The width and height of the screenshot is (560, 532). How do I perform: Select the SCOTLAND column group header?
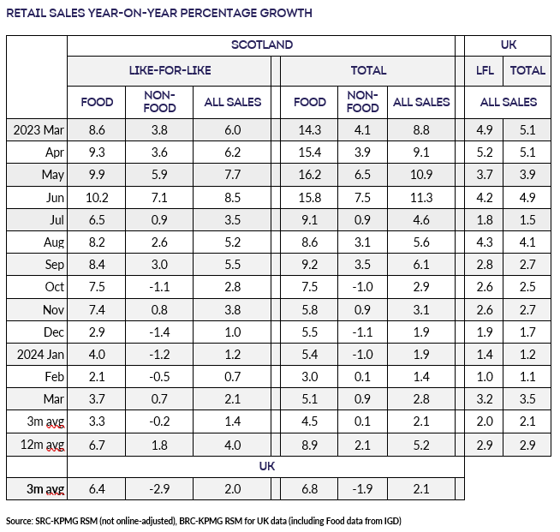(262, 45)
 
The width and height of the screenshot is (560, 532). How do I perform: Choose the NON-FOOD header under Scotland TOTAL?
(363, 102)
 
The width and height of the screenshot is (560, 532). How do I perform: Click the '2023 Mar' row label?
(37, 129)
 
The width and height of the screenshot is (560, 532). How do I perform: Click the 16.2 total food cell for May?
(309, 174)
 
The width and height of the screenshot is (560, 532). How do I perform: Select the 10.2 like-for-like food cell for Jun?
(97, 196)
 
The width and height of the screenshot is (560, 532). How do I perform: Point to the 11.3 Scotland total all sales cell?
(421, 196)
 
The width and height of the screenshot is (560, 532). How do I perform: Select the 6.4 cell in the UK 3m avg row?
(97, 489)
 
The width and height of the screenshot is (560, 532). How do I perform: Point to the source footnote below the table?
(205, 520)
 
